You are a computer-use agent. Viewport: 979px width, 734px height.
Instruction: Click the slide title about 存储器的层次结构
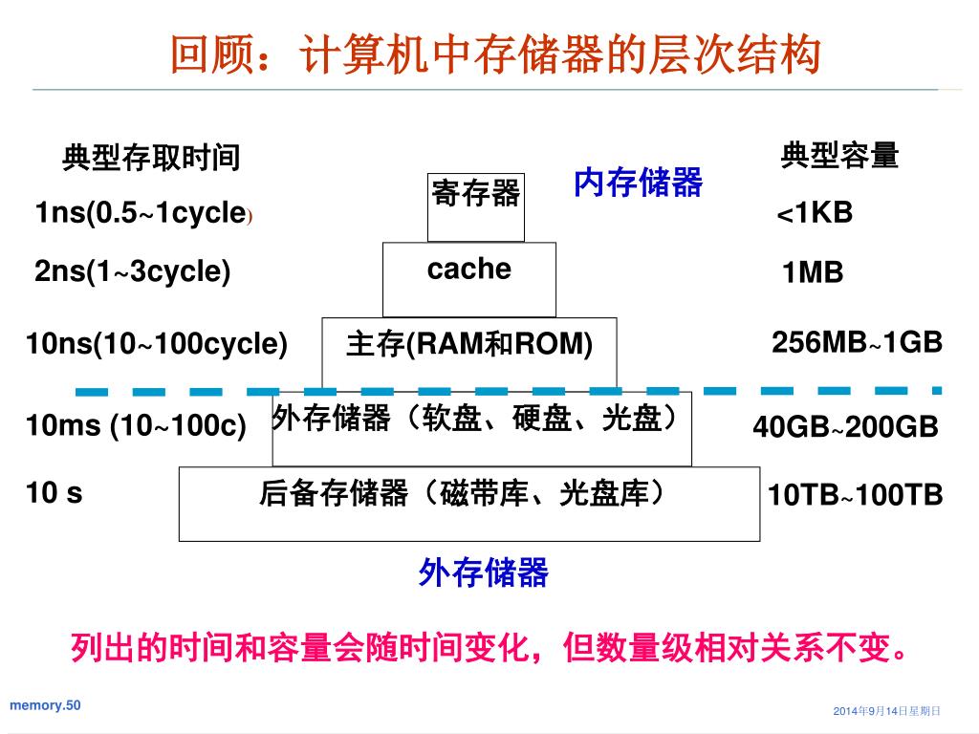coord(495,54)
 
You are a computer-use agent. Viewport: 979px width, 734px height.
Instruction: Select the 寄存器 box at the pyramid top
coord(476,205)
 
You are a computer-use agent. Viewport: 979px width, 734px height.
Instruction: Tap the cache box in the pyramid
coord(468,278)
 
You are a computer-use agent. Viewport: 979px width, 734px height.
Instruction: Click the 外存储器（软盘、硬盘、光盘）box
coord(482,428)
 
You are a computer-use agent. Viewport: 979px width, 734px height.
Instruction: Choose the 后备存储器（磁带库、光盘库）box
coord(468,504)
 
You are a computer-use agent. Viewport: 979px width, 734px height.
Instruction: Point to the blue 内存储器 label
coord(638,182)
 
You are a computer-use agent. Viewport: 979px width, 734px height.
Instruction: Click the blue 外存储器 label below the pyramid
coord(484,573)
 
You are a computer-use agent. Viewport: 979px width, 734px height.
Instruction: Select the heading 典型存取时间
coord(151,158)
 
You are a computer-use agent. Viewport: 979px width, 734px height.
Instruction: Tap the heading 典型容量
coord(840,155)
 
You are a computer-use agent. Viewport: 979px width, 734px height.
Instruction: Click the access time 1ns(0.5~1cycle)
coord(143,214)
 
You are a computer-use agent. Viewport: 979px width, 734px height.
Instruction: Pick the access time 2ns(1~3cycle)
coord(133,272)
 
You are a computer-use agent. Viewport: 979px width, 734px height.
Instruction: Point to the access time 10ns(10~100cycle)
coord(157,343)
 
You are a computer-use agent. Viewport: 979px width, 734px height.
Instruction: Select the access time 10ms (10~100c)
coord(137,425)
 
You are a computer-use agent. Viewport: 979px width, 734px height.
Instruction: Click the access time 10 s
coord(54,493)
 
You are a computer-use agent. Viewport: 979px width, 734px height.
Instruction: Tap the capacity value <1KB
coord(814,213)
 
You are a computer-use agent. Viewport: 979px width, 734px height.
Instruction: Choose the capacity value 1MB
coord(813,274)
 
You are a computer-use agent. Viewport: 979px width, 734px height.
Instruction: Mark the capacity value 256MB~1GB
coord(857,342)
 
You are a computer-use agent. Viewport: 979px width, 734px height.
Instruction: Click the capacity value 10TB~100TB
coord(856,495)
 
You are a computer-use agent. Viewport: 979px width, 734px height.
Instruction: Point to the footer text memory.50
coord(45,705)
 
